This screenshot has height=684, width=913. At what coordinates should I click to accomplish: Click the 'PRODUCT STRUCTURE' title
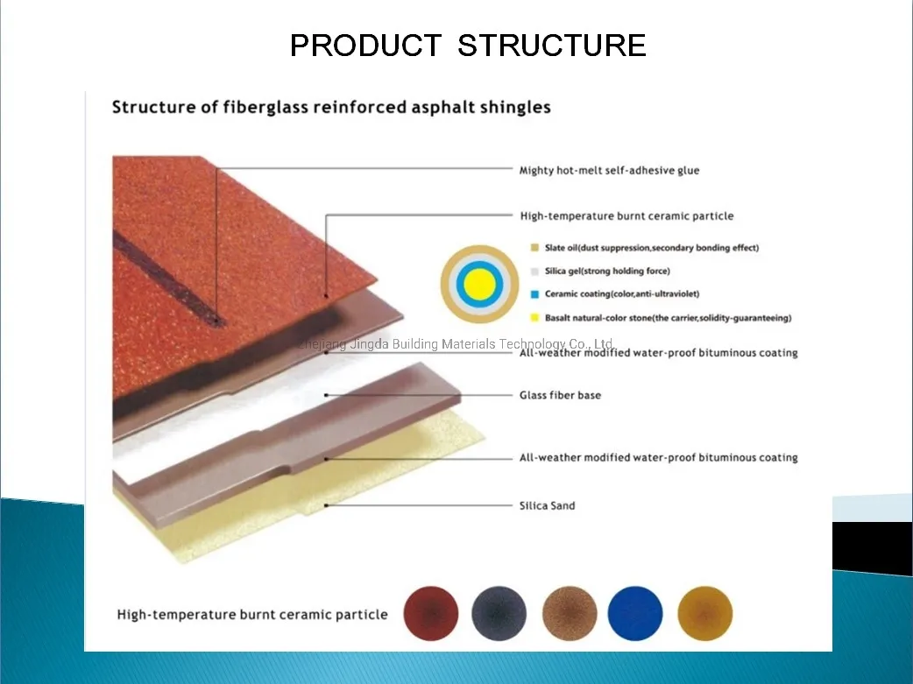468,46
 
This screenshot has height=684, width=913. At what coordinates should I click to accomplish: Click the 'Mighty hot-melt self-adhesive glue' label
609,170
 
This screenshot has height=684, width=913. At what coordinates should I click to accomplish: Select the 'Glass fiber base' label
560,395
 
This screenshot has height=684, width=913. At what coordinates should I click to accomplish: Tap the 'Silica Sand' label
547,505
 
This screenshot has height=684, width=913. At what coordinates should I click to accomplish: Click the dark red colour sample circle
431,613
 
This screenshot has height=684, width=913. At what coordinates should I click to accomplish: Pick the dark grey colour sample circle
499,613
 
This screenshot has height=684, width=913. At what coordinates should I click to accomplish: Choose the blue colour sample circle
635,613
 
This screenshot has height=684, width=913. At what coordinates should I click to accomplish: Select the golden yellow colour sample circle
705,613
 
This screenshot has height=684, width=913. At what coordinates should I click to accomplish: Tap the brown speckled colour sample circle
570,613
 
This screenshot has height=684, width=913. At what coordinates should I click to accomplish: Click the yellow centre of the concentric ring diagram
479,284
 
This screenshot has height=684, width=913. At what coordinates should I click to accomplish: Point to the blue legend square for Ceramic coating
534,294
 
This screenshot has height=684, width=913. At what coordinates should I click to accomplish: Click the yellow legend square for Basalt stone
534,318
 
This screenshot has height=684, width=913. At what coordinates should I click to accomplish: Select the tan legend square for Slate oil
534,247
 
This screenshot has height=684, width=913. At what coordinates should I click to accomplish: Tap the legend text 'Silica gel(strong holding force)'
607,271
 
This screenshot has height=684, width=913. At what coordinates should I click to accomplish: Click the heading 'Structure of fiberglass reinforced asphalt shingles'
331,107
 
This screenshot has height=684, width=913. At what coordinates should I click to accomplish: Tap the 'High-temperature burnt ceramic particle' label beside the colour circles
252,615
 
